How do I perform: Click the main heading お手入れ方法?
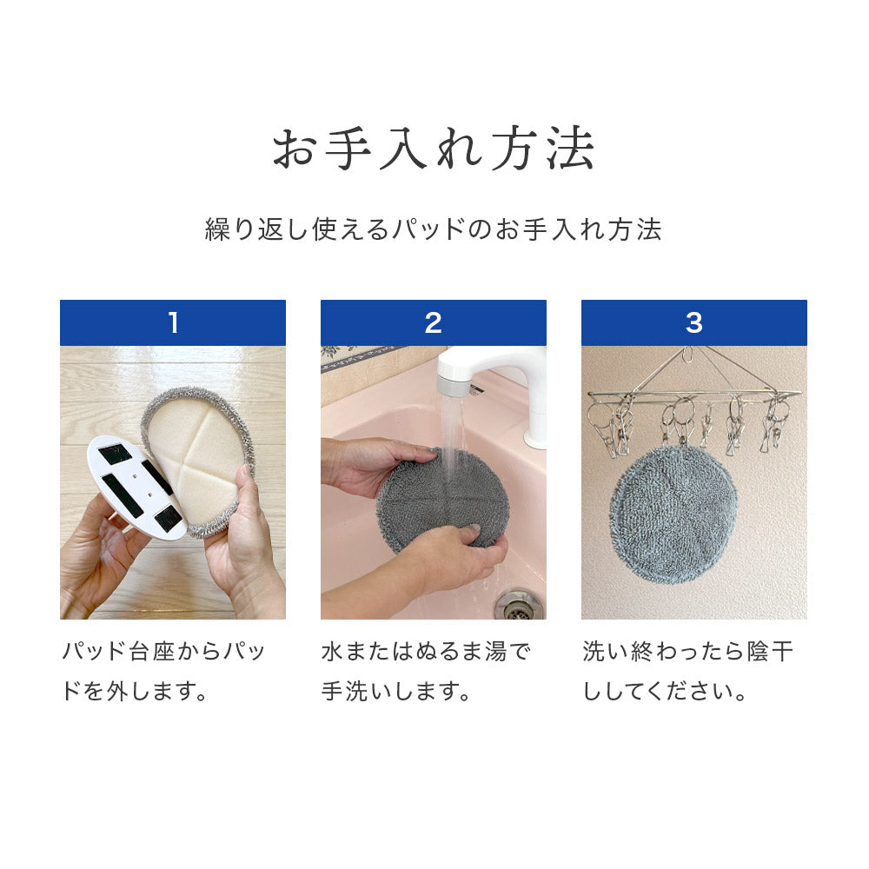434,148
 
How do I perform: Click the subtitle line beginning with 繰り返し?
434,229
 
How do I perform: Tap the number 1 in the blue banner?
174,322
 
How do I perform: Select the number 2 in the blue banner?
434,322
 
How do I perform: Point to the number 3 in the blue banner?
693,322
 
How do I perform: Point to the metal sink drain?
518,604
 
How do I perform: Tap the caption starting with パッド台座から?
164,671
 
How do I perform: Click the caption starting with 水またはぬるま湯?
426,671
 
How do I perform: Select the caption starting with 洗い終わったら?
687,671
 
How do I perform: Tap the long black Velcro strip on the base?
123,494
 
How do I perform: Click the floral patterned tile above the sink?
363,355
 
